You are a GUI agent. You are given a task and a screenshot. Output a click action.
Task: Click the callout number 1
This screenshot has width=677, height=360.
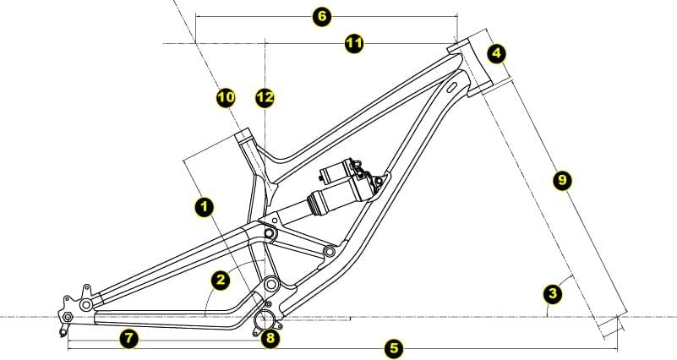pyautogui.click(x=204, y=207)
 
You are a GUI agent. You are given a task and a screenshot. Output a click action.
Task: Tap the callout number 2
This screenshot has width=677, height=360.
pyautogui.click(x=221, y=281)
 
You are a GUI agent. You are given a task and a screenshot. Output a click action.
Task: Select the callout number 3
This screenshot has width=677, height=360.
pyautogui.click(x=553, y=294)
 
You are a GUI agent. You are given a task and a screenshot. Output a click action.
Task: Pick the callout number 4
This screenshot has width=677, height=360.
pyautogui.click(x=496, y=53)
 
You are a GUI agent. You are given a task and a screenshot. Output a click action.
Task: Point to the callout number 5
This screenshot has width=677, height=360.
pyautogui.click(x=394, y=348)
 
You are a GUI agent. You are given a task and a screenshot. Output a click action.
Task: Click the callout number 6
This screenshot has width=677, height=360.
pyautogui.click(x=322, y=17)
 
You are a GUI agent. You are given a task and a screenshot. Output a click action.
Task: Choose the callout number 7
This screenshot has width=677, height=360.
pyautogui.click(x=128, y=338)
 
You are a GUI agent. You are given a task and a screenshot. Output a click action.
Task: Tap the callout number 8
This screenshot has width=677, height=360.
pyautogui.click(x=270, y=337)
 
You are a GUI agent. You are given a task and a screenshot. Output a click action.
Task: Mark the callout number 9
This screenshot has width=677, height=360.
pyautogui.click(x=562, y=179)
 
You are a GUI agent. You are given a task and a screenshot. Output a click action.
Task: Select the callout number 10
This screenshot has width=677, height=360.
pyautogui.click(x=226, y=97)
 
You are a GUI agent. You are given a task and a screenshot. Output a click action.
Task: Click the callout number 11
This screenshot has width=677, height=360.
pyautogui.click(x=354, y=44)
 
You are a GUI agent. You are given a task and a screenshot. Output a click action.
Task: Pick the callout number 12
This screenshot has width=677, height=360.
pyautogui.click(x=265, y=97)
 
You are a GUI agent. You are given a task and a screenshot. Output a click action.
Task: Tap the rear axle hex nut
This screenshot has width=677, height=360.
pyautogui.click(x=67, y=317)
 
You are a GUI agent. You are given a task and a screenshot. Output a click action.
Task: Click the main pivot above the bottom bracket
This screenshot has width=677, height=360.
pyautogui.click(x=271, y=284)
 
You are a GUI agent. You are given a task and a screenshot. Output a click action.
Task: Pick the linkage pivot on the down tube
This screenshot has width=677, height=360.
pyautogui.click(x=330, y=251)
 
